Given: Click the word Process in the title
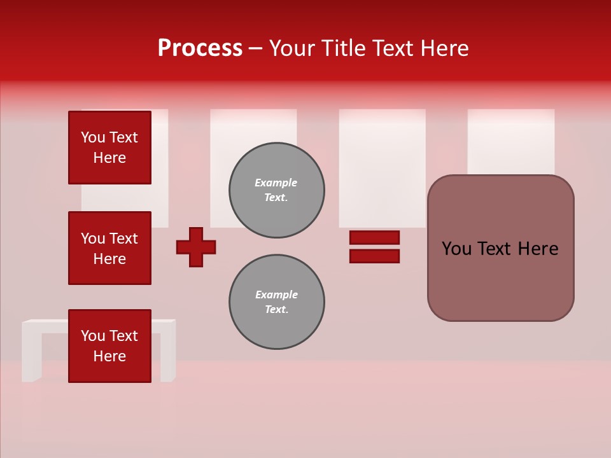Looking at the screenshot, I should [200, 48].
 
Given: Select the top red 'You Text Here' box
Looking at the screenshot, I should [109, 148].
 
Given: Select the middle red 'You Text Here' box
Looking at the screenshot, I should [109, 248].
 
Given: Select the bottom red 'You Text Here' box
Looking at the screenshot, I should [109, 345].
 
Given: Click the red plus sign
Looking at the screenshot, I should [196, 247].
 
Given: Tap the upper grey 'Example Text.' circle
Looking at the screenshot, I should [276, 190].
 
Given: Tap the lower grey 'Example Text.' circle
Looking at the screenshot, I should [276, 302].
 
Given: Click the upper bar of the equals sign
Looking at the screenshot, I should [374, 237].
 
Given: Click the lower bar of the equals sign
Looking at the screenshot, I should [374, 256].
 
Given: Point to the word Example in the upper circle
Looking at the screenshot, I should [276, 183].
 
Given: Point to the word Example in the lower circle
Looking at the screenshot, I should [276, 295].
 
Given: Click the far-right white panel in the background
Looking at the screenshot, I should [510, 140].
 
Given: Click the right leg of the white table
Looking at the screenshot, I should [167, 353].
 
